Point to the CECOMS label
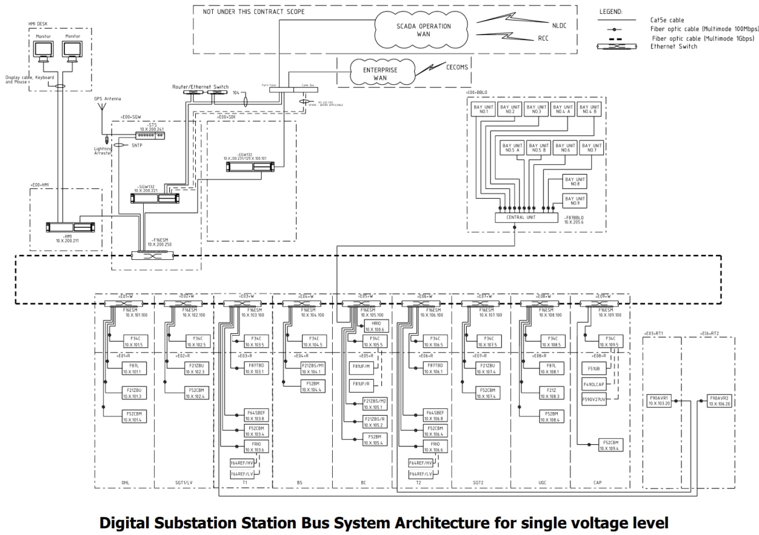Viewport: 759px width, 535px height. [456, 67]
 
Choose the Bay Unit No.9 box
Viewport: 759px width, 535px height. [575, 201]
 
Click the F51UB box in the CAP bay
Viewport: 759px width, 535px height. [593, 369]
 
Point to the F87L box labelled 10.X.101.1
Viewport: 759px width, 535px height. [132, 369]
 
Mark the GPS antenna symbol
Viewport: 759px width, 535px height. [102, 111]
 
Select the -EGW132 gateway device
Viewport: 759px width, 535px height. [249, 165]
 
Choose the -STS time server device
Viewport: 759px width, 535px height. [150, 136]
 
